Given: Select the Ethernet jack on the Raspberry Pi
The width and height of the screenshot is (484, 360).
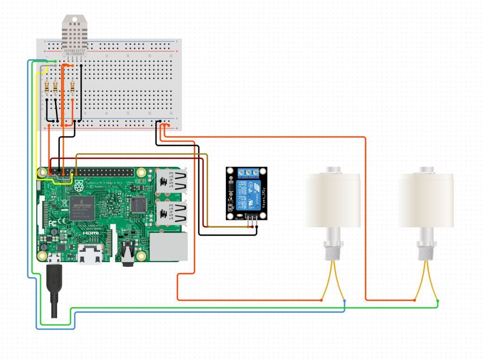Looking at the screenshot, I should tap(169, 247).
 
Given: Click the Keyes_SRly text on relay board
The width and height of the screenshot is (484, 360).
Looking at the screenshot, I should tap(262, 198).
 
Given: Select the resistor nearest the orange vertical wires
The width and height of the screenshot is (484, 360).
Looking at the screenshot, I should tap(72, 87).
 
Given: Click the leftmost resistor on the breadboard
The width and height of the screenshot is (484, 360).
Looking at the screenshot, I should tap(48, 87).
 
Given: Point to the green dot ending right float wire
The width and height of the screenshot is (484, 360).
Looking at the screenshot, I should tap(437, 301).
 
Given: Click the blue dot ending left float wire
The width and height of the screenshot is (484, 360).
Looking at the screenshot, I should tap(344, 300).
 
